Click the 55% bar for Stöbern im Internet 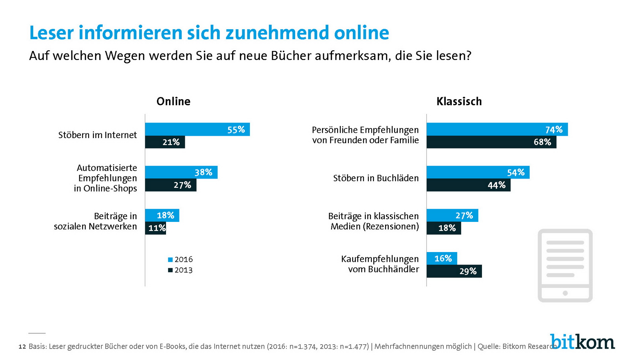tap(197, 129)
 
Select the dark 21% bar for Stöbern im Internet tap(165, 142)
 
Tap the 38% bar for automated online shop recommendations tap(181, 172)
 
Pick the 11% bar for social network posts tap(155, 228)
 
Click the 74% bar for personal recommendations tap(497, 129)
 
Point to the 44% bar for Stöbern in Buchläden tap(468, 185)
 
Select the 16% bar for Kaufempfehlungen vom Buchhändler tap(441, 258)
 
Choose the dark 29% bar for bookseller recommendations tap(454, 271)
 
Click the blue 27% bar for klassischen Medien tap(452, 215)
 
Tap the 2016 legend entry tap(180, 259)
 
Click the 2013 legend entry tap(180, 270)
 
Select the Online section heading tap(173, 101)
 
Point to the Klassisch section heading tap(459, 101)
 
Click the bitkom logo tap(582, 342)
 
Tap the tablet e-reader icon tap(565, 265)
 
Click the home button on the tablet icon tap(565, 293)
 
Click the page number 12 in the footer tap(22, 347)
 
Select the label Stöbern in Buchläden tap(376, 178)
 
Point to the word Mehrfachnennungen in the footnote tap(423, 347)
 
